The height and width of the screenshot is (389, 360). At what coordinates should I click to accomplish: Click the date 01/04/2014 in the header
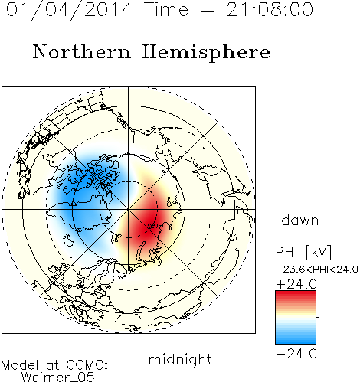pos(70,10)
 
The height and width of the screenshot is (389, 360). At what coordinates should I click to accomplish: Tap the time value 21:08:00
pos(270,10)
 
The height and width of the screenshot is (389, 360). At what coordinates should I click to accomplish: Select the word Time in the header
pos(166,10)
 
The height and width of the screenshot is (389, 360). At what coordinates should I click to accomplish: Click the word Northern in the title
pos(82,51)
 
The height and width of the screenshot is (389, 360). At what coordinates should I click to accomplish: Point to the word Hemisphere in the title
pos(206,53)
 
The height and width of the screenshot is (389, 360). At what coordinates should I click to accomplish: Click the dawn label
pos(300,220)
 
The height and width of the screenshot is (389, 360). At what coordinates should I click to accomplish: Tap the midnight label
pos(180,359)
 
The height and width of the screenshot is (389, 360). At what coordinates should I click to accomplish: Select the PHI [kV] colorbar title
pos(303,252)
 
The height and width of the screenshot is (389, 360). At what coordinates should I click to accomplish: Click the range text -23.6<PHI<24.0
pos(317,270)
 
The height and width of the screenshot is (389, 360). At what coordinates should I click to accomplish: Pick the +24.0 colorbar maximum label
pos(296,284)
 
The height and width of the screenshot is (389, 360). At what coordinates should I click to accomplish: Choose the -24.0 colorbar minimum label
pos(296,354)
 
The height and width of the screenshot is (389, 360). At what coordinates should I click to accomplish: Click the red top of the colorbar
pos(296,296)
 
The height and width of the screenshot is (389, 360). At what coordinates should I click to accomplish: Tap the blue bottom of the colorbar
pos(296,339)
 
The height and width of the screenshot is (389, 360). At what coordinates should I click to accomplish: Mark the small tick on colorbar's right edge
pos(318,317)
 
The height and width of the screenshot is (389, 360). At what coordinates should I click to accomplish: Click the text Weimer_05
pos(58,378)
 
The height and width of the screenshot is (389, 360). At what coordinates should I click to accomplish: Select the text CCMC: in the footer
pos(87,365)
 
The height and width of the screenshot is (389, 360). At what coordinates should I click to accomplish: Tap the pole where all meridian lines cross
pos(129,209)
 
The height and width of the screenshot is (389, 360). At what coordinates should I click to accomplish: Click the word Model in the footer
pos(20,365)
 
